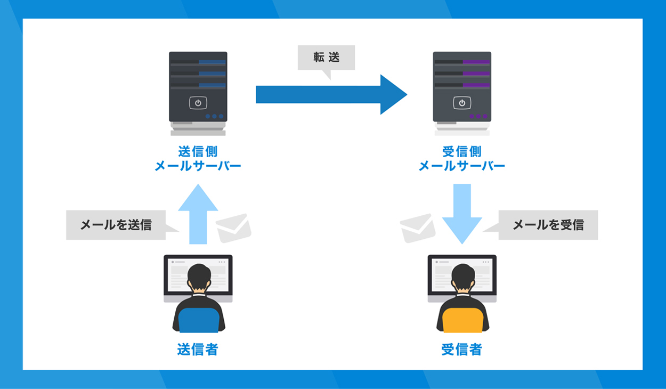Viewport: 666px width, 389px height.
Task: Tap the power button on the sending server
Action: [198, 103]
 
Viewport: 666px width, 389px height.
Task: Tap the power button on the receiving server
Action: [461, 103]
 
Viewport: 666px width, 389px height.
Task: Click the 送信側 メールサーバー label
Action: [198, 159]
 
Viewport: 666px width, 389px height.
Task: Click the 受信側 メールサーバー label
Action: [461, 159]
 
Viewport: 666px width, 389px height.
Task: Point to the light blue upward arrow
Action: [198, 213]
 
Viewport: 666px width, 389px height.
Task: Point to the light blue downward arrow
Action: [461, 213]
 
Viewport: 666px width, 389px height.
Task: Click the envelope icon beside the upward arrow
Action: [233, 228]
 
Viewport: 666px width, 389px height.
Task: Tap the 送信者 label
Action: [198, 350]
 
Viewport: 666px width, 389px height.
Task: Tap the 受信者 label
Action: [461, 350]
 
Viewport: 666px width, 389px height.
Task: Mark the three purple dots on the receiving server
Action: [478, 116]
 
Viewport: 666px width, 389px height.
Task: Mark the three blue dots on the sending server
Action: [214, 116]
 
